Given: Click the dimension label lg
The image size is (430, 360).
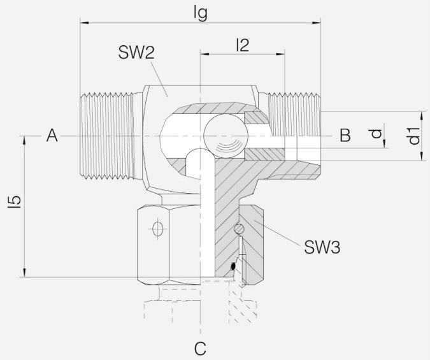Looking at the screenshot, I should point(201,13).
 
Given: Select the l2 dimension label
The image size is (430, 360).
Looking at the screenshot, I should point(242,45).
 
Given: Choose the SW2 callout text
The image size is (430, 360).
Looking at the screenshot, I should point(136,54).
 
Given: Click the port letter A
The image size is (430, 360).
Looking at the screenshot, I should point(52,135).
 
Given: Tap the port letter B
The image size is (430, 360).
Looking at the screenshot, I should point(345,135).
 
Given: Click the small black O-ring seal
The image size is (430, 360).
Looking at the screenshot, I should point(234,266).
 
